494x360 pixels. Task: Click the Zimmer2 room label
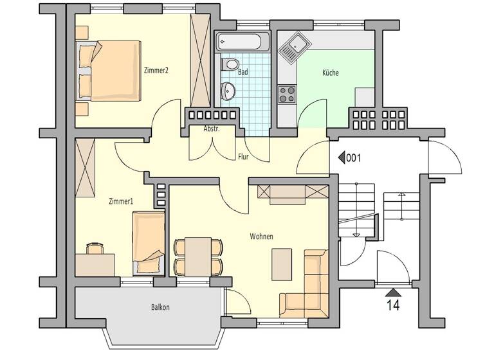(x=157, y=71)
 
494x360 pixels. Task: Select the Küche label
(x=331, y=73)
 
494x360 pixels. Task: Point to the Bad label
(x=242, y=73)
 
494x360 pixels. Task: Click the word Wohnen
(x=261, y=237)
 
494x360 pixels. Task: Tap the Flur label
(x=243, y=156)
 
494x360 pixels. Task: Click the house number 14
(x=392, y=305)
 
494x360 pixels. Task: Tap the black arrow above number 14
(x=392, y=292)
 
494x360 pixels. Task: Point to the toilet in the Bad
(x=231, y=64)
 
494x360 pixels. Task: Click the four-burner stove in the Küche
(x=287, y=94)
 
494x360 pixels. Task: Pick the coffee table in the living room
(x=281, y=264)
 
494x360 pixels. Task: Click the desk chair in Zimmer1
(x=95, y=248)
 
